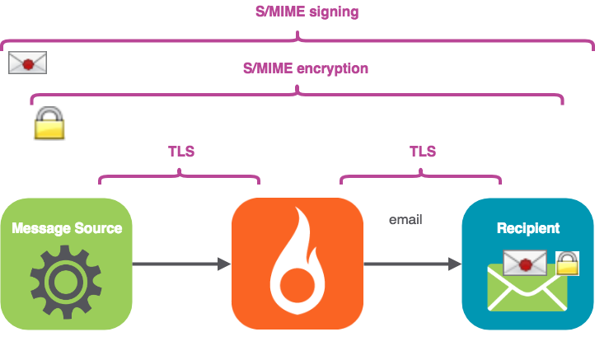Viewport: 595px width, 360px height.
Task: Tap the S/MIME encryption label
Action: point(306,68)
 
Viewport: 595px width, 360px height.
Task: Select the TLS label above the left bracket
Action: point(180,152)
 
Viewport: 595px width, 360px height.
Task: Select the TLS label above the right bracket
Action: point(422,152)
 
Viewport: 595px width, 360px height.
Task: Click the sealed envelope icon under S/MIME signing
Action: point(27,63)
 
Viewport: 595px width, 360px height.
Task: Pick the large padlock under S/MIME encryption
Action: point(49,124)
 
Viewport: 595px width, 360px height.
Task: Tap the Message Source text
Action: point(67,228)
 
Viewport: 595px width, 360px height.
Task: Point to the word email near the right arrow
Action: point(405,220)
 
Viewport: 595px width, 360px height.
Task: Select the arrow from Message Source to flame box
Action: point(181,264)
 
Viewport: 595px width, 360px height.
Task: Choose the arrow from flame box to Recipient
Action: point(412,264)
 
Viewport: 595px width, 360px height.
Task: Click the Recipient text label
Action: point(528,228)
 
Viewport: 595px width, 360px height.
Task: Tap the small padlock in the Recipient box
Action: point(567,263)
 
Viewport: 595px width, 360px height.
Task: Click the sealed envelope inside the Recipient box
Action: point(525,264)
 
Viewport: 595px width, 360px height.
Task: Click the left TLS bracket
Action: point(180,176)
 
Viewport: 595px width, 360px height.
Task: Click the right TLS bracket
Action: point(420,176)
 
